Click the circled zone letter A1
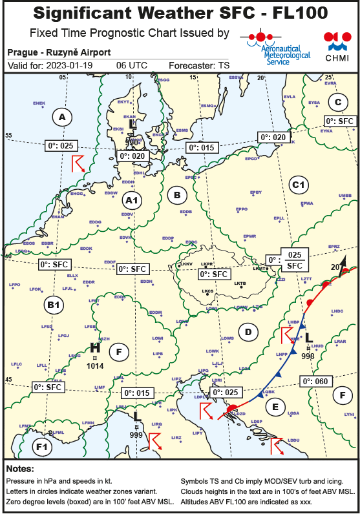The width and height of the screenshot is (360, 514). coord(131,201)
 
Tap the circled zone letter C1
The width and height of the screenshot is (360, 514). coord(298,185)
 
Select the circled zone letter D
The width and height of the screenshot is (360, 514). coord(246,332)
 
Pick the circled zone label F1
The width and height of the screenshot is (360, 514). coord(43,446)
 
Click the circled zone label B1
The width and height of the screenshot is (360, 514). coord(54,305)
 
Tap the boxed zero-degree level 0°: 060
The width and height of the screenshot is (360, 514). coord(318,382)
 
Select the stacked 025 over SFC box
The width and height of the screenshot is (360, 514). coord(295,260)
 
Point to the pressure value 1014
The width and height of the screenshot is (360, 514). coord(95,365)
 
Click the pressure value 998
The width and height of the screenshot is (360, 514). coord(308,356)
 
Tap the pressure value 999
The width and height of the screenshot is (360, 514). coord(136,435)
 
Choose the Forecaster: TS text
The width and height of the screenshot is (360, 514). coord(198,66)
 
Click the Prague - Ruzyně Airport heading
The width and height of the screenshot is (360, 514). coord(59,52)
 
